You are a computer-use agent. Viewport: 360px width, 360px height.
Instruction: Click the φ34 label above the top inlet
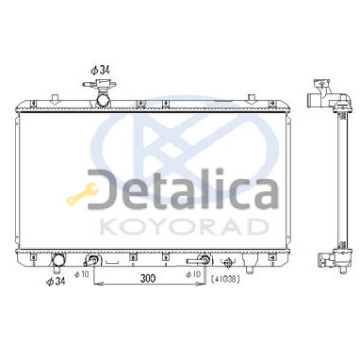point(100,70)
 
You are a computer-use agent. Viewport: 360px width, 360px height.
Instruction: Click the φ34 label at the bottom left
point(56,282)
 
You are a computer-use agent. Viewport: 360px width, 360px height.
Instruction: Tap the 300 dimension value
point(148,278)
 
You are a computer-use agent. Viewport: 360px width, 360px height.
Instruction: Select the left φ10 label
point(82,274)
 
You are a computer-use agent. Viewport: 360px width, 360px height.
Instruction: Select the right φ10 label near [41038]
point(193,274)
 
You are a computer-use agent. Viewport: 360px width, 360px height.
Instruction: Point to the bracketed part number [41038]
point(225,279)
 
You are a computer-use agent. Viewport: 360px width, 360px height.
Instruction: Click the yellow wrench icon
point(82,194)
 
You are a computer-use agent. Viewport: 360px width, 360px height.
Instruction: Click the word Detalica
point(183,189)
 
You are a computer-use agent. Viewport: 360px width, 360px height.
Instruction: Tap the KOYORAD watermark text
point(184,227)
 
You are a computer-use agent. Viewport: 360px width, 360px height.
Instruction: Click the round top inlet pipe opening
point(103,101)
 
